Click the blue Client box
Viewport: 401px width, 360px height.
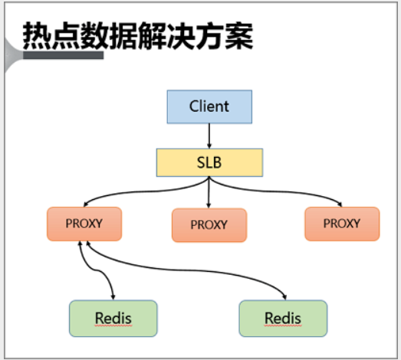(x=209, y=106)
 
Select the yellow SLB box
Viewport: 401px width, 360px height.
(x=209, y=162)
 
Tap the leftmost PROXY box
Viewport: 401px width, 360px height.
(x=84, y=224)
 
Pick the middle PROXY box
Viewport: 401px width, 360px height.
(x=209, y=225)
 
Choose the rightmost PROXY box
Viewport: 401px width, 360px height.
(x=342, y=224)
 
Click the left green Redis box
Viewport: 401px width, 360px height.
(x=113, y=319)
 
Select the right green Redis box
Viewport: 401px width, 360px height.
(x=283, y=319)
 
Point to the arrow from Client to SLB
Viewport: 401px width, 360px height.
(x=209, y=136)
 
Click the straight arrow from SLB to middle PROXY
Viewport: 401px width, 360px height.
(x=209, y=192)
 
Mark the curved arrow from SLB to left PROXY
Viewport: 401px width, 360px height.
(x=143, y=191)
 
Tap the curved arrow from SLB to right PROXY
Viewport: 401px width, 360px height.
(x=276, y=191)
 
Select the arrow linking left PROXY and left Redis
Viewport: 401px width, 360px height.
(x=97, y=270)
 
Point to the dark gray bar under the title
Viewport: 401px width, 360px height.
(x=63, y=55)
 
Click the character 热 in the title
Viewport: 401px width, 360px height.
(x=37, y=35)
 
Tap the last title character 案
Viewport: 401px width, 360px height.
(x=239, y=35)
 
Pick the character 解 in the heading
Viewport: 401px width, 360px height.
(x=153, y=35)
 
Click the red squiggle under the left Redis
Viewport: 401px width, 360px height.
(x=113, y=326)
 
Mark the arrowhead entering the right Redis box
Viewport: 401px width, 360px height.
(x=284, y=297)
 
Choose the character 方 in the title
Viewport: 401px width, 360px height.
(x=210, y=35)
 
